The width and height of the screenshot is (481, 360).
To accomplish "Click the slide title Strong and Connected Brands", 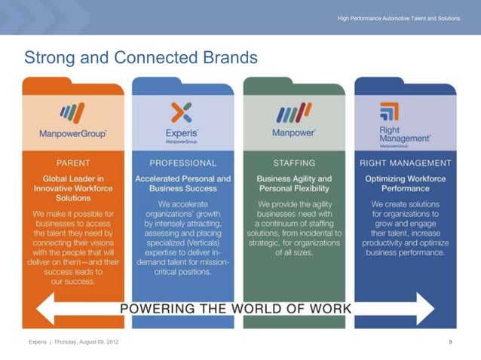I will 141,57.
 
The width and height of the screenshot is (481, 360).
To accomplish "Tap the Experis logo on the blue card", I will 182,122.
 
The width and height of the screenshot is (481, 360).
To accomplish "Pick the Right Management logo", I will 404,124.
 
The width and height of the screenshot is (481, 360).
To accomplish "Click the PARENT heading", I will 73,163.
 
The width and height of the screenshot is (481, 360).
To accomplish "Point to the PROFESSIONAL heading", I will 182,163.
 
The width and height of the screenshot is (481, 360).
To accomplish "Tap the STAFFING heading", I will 294,163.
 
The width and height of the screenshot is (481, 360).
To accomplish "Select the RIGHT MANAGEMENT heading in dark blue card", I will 406,163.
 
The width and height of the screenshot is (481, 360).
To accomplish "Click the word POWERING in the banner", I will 158,309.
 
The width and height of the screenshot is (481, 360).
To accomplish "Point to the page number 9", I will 449,343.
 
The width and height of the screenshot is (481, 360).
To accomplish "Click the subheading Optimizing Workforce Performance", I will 406,184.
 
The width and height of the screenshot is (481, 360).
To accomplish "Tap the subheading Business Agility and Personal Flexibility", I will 294,184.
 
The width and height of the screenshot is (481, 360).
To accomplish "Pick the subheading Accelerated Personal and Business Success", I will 182,184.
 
